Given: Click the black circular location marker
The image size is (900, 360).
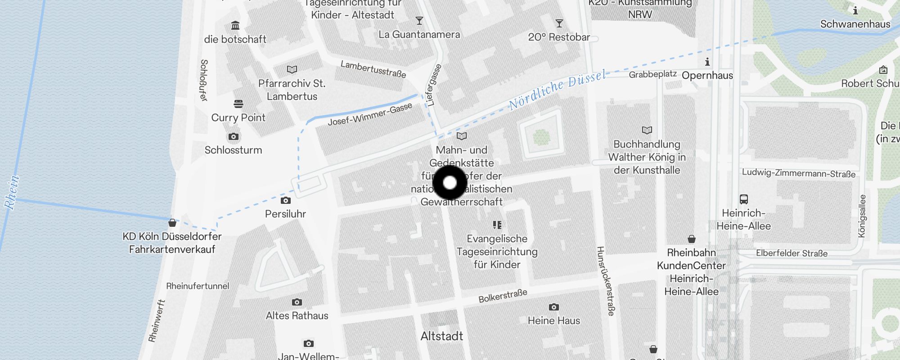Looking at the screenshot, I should point(450,183).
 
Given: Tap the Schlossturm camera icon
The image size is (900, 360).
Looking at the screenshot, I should point(233,136).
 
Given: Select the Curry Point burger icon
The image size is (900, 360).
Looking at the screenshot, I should point(238,104).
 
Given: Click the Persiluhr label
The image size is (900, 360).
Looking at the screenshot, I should point(285,214).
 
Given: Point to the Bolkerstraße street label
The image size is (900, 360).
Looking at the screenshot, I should point(503,296).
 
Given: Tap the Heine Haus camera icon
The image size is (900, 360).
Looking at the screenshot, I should point(553,307).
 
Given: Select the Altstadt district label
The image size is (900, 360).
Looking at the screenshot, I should point(441,336).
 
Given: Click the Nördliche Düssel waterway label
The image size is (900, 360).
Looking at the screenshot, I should point(557,90).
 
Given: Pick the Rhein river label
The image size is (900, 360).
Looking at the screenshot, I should point(12,192).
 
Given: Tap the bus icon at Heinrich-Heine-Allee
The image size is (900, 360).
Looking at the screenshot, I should point(743,199).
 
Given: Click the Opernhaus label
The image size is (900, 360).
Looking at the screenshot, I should point(707,76).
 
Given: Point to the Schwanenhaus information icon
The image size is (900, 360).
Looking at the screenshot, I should point(855,10).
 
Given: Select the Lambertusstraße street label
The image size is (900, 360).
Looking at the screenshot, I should point(373,69).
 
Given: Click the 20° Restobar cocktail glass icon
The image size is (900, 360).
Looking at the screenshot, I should point(559,23).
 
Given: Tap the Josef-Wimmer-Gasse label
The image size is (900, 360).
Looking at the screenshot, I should point(370,115).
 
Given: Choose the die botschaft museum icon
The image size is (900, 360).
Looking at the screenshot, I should point(235,26).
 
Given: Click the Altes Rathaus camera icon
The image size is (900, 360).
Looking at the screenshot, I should point(297,302).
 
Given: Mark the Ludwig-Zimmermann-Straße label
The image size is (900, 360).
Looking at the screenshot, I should point(798,173).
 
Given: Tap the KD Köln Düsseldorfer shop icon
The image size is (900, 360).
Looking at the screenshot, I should point(172,223).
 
